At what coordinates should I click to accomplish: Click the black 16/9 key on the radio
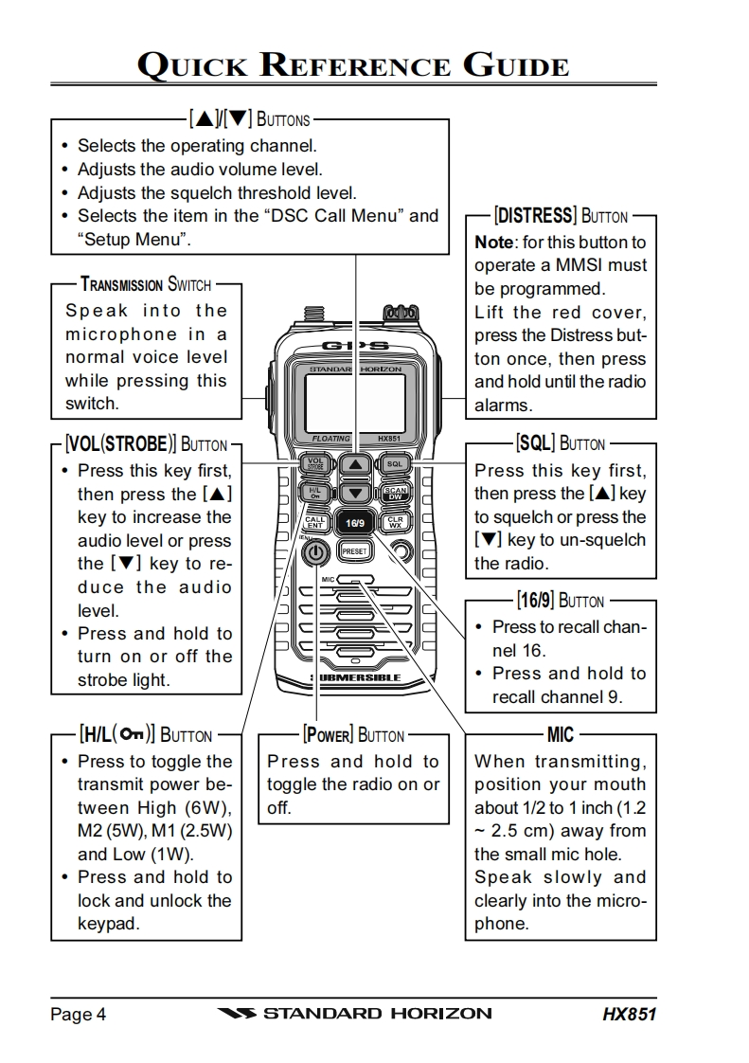[x=355, y=522]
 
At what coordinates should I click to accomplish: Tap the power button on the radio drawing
[x=317, y=553]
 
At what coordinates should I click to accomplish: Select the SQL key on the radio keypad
[x=395, y=465]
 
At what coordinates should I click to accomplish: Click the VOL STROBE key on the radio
[x=315, y=464]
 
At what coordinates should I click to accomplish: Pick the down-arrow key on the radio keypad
[x=355, y=493]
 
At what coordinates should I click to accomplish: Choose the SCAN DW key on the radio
[x=395, y=493]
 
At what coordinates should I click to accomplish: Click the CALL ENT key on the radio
[x=315, y=522]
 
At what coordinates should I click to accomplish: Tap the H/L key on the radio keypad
[x=315, y=493]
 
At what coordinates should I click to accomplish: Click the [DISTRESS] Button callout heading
[x=562, y=216]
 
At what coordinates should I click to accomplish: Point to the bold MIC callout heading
[x=561, y=734]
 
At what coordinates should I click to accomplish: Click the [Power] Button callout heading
[x=353, y=734]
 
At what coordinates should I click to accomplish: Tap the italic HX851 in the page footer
[x=629, y=1014]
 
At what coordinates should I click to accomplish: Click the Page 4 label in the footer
[x=78, y=1014]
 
